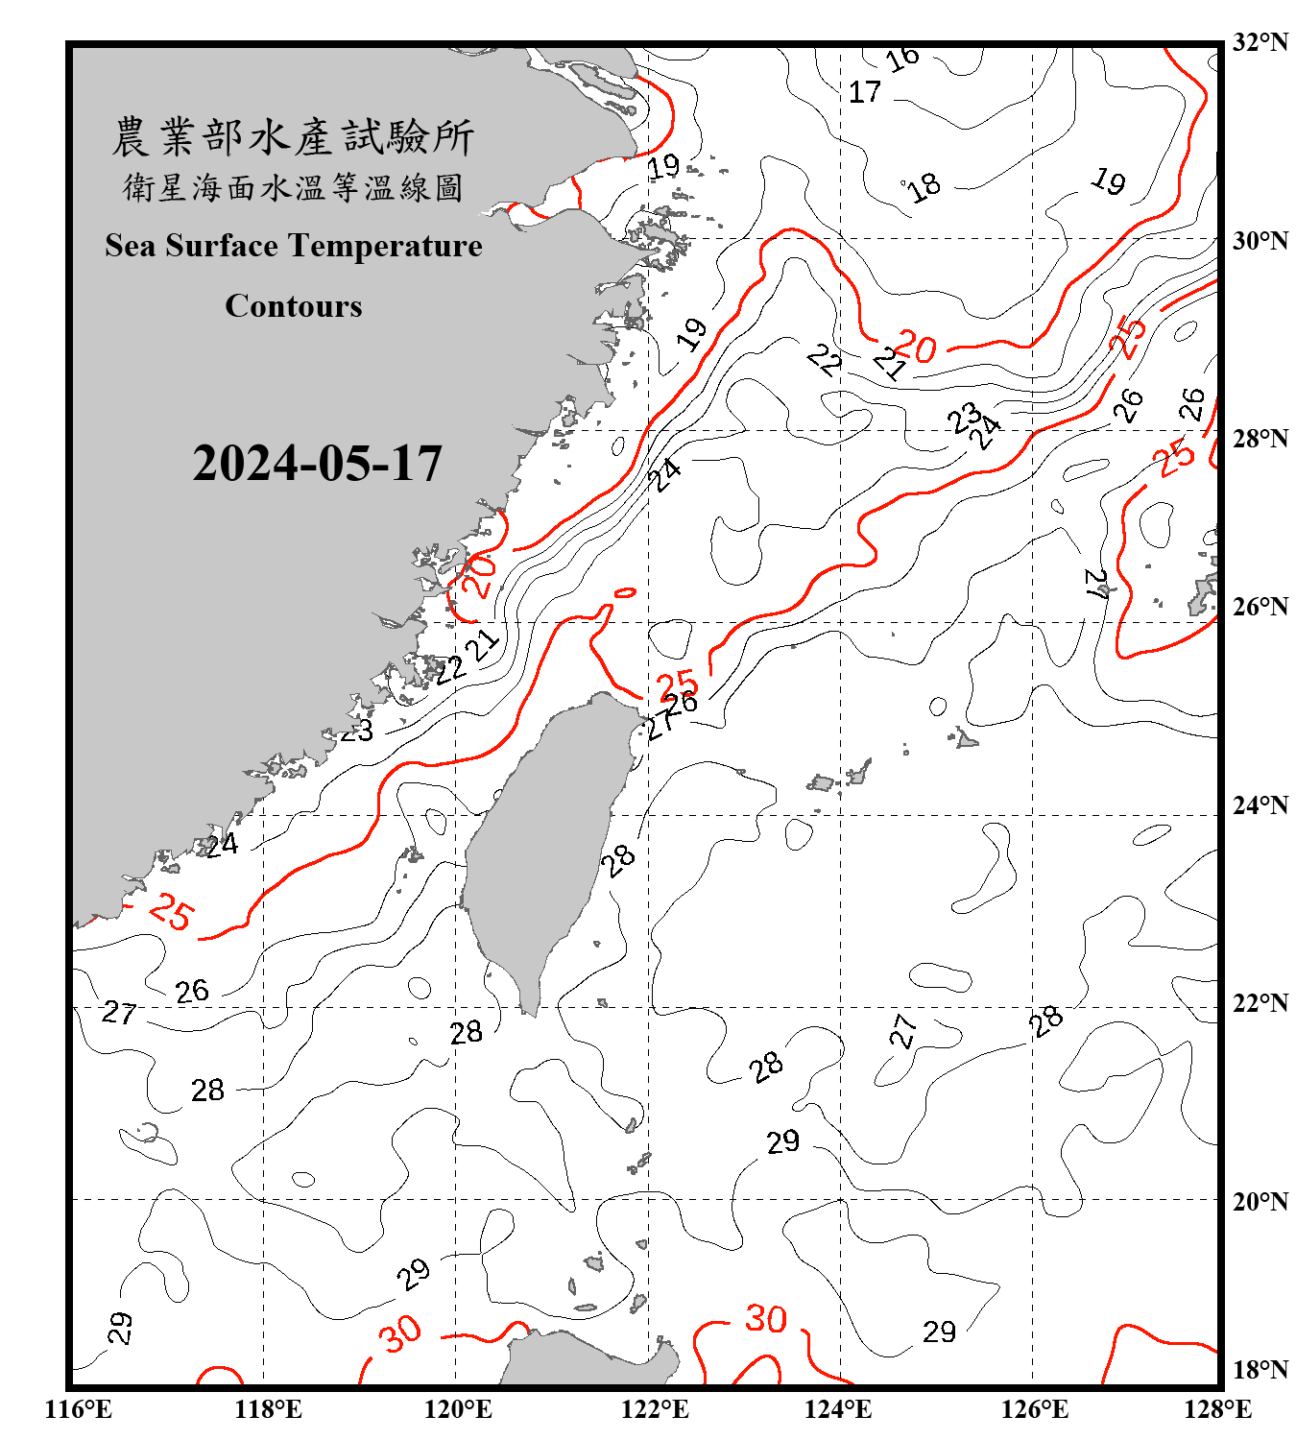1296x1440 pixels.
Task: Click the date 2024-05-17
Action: (317, 464)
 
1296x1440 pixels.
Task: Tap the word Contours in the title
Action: (294, 306)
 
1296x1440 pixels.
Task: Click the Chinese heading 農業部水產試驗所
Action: (293, 136)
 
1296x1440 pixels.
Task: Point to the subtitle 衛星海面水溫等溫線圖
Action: (293, 187)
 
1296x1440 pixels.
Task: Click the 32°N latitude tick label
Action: (1260, 42)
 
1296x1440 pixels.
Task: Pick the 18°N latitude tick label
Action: (1260, 1369)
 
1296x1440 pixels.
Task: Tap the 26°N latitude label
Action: (1260, 607)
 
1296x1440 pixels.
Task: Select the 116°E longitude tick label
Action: (79, 1409)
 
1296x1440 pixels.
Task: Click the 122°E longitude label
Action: (655, 1409)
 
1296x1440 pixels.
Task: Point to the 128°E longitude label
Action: (1217, 1409)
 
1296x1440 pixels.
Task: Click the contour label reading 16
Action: (902, 59)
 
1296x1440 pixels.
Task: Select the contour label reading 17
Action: (865, 92)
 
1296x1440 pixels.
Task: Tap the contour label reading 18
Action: (924, 186)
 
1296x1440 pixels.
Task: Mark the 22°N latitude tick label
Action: (1260, 1003)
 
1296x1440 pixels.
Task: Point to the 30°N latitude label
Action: (1260, 241)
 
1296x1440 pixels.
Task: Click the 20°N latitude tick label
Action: (1260, 1201)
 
